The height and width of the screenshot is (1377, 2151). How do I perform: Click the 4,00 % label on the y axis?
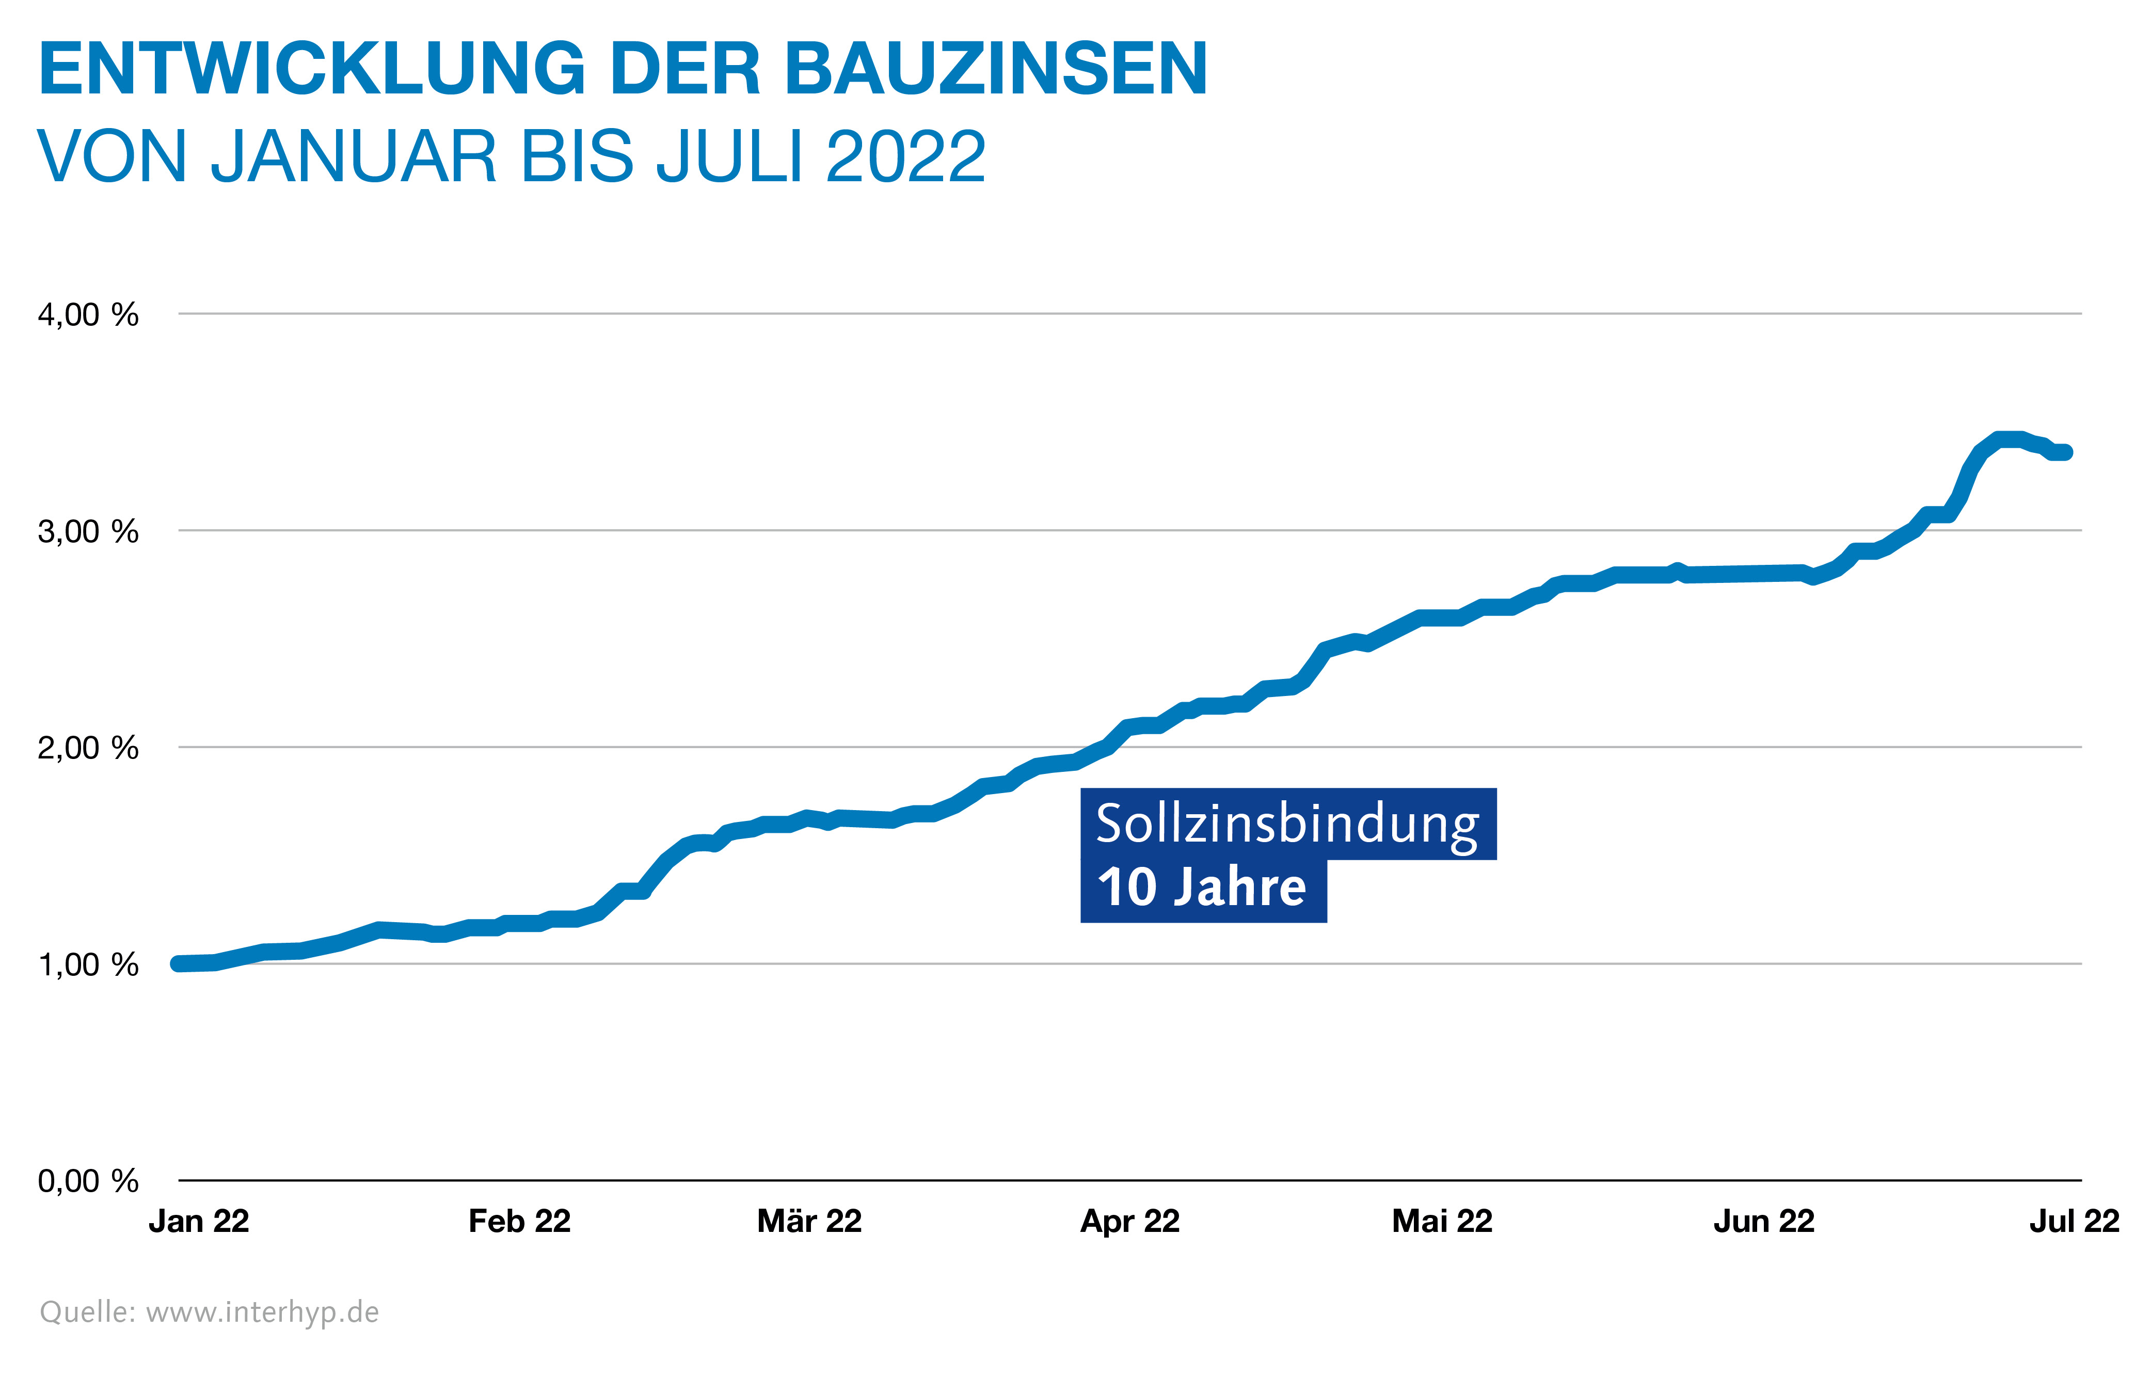[x=88, y=315]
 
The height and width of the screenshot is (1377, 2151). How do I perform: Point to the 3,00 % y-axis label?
[x=88, y=531]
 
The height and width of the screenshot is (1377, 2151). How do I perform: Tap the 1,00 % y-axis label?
[x=88, y=965]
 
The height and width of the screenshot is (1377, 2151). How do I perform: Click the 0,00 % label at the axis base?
[x=88, y=1181]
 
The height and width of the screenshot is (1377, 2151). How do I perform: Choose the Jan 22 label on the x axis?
[x=198, y=1222]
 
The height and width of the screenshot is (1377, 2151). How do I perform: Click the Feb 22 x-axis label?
[x=519, y=1222]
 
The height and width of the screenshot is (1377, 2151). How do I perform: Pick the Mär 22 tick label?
[x=809, y=1222]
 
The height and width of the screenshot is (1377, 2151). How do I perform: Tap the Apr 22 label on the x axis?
[x=1130, y=1222]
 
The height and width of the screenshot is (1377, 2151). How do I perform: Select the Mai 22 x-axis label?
[x=1442, y=1222]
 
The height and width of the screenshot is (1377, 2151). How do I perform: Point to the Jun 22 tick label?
[x=1764, y=1222]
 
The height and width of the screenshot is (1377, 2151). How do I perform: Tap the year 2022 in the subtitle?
[x=905, y=157]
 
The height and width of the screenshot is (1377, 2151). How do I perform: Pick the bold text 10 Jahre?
[x=1202, y=888]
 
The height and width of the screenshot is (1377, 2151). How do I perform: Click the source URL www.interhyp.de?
[x=262, y=1312]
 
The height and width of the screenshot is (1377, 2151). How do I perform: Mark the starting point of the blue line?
[x=180, y=964]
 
